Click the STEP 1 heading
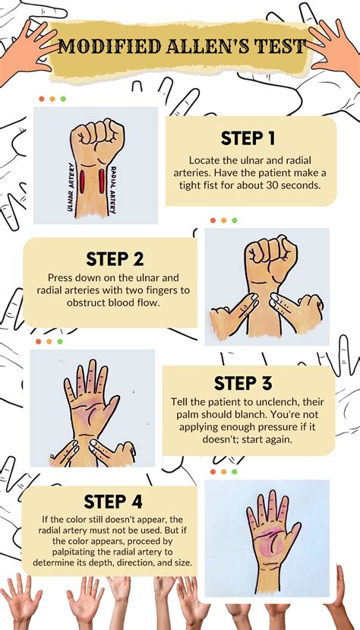pos(248,138)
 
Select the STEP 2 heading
pos(114,259)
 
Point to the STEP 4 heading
pos(112,502)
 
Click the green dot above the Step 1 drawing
pos(62,99)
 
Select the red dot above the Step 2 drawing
pos(213,220)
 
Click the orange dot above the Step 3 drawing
pos(49,341)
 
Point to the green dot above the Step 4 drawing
pos(235,471)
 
